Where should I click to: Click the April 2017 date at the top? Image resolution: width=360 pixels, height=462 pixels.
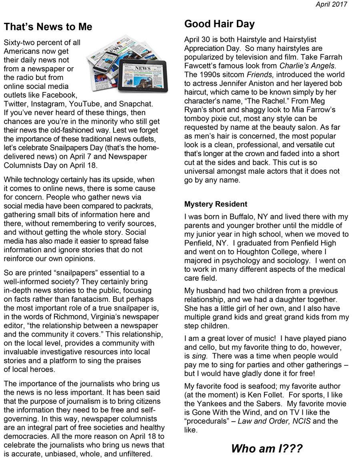pos(331,4)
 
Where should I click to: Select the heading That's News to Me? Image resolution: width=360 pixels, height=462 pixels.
pos(48,27)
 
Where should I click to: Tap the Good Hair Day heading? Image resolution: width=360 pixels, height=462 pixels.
pos(219,24)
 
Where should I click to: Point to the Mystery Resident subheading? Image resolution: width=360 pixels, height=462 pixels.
pos(216,204)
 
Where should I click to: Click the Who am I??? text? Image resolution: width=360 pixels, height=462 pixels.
pos(266,448)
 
